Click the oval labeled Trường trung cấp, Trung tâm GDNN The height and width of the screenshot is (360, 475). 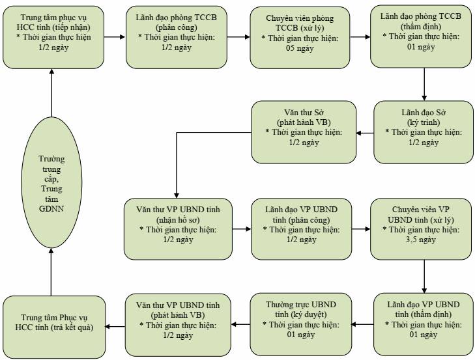[x=51, y=182]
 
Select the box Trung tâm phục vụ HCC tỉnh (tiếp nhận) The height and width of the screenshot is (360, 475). [x=53, y=37]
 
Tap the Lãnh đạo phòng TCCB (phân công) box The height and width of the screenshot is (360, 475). [x=177, y=37]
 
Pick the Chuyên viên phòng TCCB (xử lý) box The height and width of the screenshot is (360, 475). [x=300, y=38]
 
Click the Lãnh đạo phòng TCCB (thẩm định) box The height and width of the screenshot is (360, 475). [x=421, y=36]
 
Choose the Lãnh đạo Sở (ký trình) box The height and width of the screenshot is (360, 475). [x=424, y=132]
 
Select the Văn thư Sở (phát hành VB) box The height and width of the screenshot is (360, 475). [x=304, y=132]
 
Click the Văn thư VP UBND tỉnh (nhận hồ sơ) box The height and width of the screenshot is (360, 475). [x=178, y=229]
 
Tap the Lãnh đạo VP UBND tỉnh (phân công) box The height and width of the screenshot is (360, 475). [x=302, y=229]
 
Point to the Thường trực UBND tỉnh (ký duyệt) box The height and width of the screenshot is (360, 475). [x=301, y=324]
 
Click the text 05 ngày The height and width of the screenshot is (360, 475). [x=300, y=48]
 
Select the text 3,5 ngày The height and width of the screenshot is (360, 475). [x=421, y=240]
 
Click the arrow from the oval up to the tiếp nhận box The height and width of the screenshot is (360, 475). [x=51, y=92]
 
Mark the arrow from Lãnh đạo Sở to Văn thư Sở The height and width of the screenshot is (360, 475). [x=365, y=133]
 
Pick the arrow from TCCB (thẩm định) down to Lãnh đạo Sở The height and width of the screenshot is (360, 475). [x=424, y=84]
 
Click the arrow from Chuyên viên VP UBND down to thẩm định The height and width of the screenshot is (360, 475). [x=424, y=277]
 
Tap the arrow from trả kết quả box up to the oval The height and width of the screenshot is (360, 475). [x=51, y=272]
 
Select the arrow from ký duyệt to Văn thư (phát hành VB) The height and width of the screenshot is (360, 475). [x=240, y=325]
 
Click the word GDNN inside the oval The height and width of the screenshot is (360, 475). [x=51, y=208]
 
